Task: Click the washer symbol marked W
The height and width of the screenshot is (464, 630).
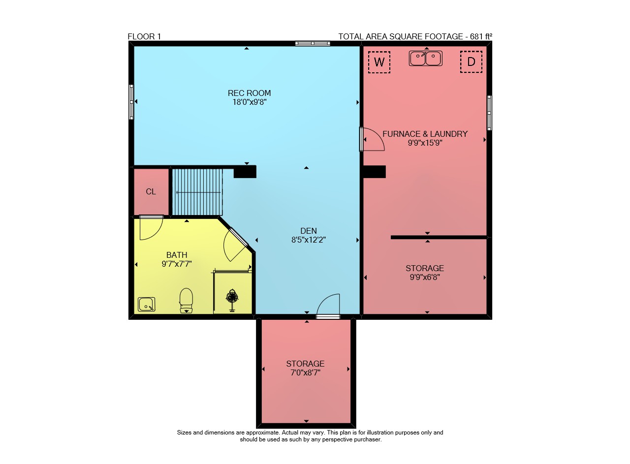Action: (379, 62)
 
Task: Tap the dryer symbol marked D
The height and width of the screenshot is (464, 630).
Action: (471, 62)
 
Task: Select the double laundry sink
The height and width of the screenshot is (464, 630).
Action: (426, 58)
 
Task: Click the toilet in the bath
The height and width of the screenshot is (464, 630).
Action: (186, 300)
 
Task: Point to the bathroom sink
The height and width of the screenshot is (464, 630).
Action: (146, 304)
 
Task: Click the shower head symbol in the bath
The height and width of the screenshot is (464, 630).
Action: (232, 300)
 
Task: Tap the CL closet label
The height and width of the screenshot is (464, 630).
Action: (151, 192)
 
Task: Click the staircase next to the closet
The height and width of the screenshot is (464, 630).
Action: (197, 192)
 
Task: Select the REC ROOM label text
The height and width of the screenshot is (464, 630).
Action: (249, 93)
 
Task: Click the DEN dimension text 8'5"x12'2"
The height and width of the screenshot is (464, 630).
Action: (309, 240)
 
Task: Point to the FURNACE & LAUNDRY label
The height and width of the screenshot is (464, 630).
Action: (425, 134)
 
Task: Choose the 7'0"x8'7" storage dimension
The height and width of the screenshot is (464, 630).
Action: (306, 373)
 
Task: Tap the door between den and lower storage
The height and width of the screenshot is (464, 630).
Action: (328, 306)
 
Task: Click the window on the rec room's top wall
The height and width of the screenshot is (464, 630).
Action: (313, 43)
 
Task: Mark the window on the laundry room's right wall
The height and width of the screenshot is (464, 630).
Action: (489, 113)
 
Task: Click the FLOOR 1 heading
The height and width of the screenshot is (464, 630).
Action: (144, 36)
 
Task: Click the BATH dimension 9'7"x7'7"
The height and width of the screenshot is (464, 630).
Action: (177, 264)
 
